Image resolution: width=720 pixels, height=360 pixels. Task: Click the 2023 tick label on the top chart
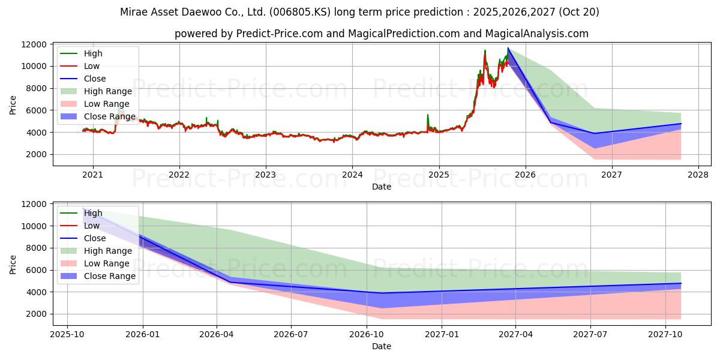click(266, 175)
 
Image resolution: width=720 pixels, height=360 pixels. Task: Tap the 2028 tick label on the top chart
click(698, 175)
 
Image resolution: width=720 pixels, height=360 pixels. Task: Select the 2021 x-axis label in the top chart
click(92, 175)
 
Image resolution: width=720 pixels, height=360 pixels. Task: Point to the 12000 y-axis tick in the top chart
click(35, 44)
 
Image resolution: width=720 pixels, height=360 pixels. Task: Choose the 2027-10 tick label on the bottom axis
click(666, 334)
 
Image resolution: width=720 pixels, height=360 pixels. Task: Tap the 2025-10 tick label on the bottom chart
click(67, 334)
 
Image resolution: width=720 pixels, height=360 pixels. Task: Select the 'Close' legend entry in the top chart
click(95, 79)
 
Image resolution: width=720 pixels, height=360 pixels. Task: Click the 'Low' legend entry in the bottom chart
click(92, 226)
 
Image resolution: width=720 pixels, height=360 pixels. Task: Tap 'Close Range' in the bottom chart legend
click(110, 276)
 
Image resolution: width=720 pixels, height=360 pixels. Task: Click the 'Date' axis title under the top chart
click(382, 187)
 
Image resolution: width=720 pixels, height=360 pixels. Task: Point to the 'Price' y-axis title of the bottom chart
click(13, 264)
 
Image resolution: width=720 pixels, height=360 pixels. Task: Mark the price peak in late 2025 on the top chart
click(508, 48)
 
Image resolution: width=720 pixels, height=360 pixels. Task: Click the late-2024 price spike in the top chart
click(428, 115)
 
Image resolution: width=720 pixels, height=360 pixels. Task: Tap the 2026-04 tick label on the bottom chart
click(216, 334)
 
